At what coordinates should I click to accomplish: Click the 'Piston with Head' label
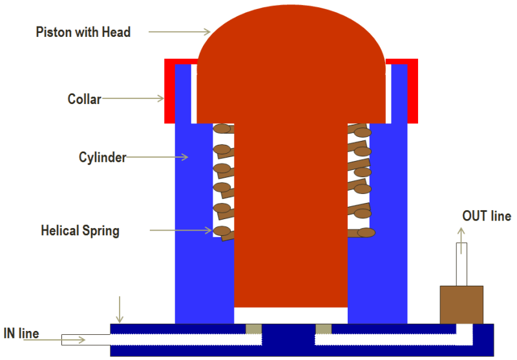(x=83, y=32)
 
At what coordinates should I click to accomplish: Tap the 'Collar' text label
(x=84, y=99)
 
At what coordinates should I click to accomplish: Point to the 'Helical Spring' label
(x=80, y=231)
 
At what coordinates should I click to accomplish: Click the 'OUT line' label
(x=486, y=216)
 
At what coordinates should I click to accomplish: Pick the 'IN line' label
(x=20, y=334)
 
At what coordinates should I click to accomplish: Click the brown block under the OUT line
(x=461, y=304)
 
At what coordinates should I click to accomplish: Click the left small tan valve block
(x=253, y=329)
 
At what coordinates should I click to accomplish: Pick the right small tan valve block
(x=323, y=329)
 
